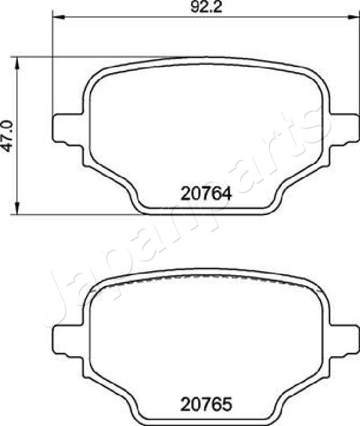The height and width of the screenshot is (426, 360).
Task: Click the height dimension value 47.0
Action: pyautogui.click(x=7, y=136)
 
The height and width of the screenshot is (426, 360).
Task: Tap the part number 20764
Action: pyautogui.click(x=206, y=194)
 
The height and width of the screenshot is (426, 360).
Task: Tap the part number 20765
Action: pyautogui.click(x=206, y=403)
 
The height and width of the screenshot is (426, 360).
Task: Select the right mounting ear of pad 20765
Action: pyautogui.click(x=344, y=340)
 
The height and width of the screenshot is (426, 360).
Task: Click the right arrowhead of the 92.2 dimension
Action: pyautogui.click(x=354, y=16)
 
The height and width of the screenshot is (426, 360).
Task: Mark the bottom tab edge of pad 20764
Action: pyautogui.click(x=206, y=212)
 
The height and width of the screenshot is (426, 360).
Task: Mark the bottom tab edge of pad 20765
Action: pyautogui.click(x=206, y=421)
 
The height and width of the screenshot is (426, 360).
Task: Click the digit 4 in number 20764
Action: pyautogui.click(x=226, y=194)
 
